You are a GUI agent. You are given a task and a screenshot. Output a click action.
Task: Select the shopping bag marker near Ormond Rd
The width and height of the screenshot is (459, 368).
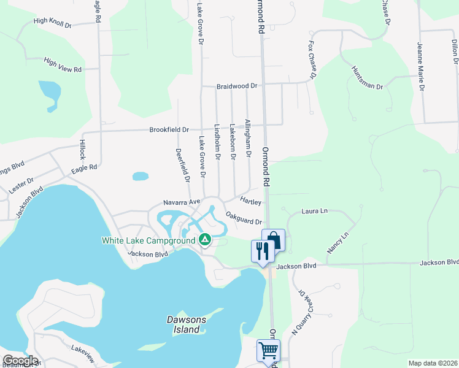point(273,240)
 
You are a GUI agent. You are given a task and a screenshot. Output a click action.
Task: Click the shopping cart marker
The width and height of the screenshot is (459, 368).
point(268,350)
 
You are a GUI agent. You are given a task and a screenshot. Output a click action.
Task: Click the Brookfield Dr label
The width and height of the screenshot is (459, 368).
point(169,130)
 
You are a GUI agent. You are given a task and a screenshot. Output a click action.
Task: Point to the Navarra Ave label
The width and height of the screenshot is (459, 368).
point(182,202)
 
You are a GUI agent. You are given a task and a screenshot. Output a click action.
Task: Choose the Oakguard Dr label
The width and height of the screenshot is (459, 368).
point(244,218)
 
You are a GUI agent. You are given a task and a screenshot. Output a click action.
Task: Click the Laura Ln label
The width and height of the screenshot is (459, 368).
point(315,211)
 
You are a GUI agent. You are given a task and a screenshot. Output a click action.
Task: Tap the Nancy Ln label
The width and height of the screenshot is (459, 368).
point(337,242)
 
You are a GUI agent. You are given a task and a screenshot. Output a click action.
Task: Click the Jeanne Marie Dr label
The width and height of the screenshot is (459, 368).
point(421,66)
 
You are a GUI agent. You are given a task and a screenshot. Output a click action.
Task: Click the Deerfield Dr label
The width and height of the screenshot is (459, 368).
point(183,166)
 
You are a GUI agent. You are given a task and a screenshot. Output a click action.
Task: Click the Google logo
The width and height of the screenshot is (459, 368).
point(20,361)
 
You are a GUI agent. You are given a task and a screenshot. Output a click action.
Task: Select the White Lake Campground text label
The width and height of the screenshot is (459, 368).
point(147,240)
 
